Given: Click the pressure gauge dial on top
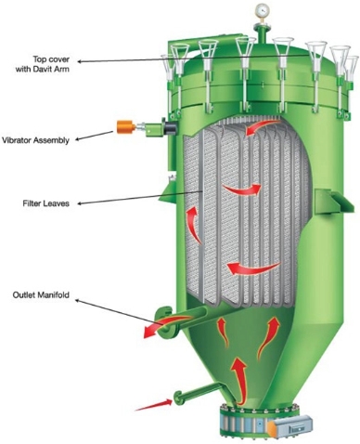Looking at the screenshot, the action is [x=262, y=10].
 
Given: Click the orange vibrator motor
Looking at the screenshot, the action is [x=125, y=126].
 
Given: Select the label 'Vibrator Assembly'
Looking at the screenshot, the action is [x=35, y=140].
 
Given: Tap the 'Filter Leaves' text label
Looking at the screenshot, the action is [x=45, y=203].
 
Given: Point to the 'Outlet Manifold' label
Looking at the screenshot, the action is [x=41, y=294].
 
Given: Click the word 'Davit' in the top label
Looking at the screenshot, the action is [x=47, y=69].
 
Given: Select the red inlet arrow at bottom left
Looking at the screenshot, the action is [x=154, y=405].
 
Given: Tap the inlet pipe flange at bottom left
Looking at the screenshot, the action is [x=177, y=398].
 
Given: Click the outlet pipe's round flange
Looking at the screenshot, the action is [x=165, y=323].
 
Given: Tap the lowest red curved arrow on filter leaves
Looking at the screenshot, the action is [x=253, y=268].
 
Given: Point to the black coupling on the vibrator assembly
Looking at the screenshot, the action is [x=171, y=127].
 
